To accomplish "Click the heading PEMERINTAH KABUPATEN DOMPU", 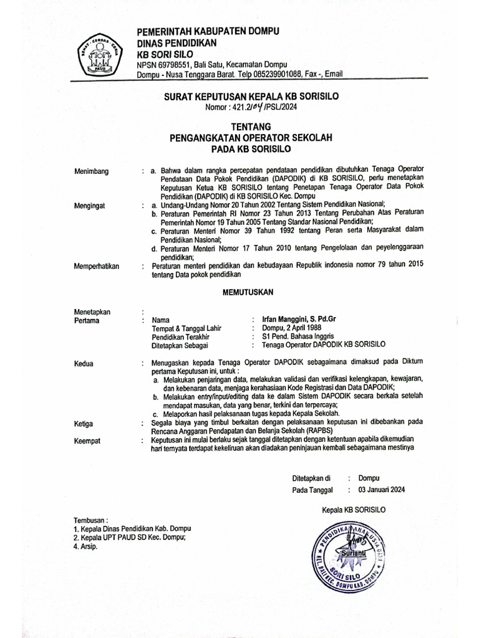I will [208, 31].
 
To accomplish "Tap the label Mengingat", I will [90, 204].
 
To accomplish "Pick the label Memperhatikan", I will [96, 266].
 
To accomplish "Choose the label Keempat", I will [88, 440].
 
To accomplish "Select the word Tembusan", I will [90, 519].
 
